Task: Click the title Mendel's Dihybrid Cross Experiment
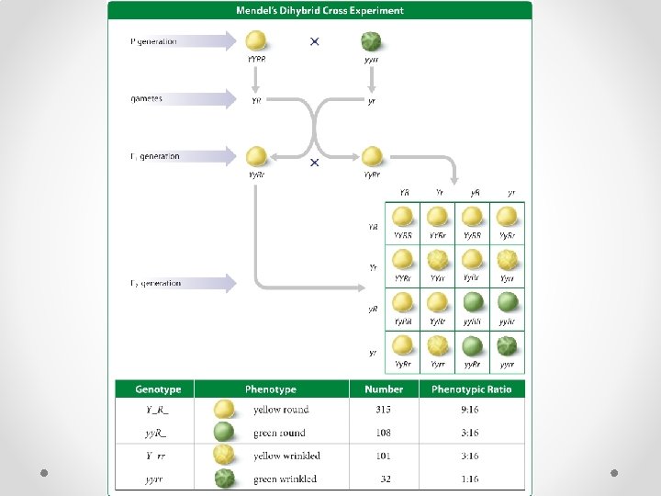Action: click(320, 11)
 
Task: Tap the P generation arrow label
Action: click(154, 41)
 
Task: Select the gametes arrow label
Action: click(147, 98)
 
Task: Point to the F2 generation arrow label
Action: click(156, 283)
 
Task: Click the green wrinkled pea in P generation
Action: click(371, 41)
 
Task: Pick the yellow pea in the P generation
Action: click(256, 41)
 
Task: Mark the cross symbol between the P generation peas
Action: click(315, 41)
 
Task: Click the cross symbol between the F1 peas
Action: click(314, 162)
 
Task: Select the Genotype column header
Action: click(158, 389)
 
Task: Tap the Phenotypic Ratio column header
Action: click(472, 389)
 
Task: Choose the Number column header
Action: click(384, 389)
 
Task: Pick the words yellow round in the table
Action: click(281, 410)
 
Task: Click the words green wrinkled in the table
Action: click(285, 479)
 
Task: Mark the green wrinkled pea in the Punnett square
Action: click(507, 345)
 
